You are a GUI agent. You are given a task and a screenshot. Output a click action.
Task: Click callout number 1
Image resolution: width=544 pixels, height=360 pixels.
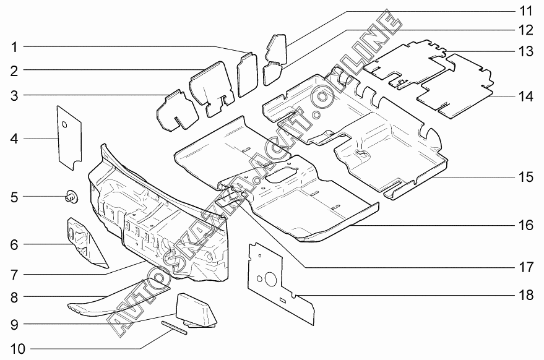click(x=14, y=46)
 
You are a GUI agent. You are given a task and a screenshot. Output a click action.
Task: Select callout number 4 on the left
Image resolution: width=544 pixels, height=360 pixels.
click(x=14, y=139)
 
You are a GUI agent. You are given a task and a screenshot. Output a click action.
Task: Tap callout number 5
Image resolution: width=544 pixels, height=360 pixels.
click(x=14, y=197)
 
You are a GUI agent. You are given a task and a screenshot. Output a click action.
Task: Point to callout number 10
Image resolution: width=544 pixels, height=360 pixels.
click(x=17, y=349)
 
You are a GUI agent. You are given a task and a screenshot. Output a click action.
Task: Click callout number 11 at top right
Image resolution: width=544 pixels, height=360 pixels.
click(x=525, y=11)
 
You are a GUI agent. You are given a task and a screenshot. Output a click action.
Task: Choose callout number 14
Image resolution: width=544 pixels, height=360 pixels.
click(x=525, y=96)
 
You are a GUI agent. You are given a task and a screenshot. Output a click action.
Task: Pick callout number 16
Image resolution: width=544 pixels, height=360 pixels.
click(x=525, y=225)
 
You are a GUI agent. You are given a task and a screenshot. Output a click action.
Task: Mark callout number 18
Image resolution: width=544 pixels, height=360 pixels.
click(x=525, y=295)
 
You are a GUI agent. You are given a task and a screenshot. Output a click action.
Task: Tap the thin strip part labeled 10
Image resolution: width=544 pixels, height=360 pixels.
click(x=174, y=328)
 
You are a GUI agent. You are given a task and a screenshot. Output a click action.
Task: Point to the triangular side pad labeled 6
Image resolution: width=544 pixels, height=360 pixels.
click(x=83, y=241)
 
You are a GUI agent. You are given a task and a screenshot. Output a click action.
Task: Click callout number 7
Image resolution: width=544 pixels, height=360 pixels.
click(x=14, y=273)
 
